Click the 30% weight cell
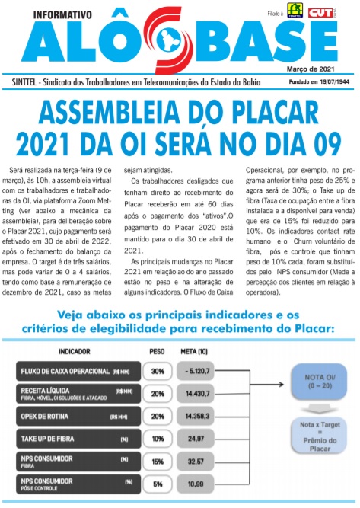pos(158,372)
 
